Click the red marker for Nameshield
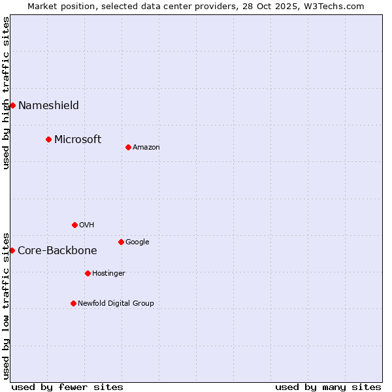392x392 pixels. pyautogui.click(x=12, y=105)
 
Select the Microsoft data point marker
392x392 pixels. pyautogui.click(x=48, y=139)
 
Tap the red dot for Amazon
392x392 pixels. pyautogui.click(x=128, y=147)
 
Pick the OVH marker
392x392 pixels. pyautogui.click(x=74, y=225)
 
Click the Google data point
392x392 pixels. pyautogui.click(x=121, y=242)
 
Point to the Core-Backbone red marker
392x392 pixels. pyautogui.click(x=12, y=250)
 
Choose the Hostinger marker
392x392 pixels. pyautogui.click(x=88, y=273)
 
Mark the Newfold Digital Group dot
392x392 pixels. pyautogui.click(x=73, y=303)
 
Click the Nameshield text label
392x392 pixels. pyautogui.click(x=48, y=106)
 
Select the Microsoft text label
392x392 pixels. pyautogui.click(x=78, y=139)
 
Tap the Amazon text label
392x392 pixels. pyautogui.click(x=146, y=148)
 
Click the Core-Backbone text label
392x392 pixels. pyautogui.click(x=57, y=250)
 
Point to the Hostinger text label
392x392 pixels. pyautogui.click(x=108, y=273)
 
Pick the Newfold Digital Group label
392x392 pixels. pyautogui.click(x=116, y=303)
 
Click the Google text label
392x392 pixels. pyautogui.click(x=137, y=242)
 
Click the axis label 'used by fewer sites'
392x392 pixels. pyautogui.click(x=67, y=387)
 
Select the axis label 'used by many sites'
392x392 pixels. pyautogui.click(x=328, y=387)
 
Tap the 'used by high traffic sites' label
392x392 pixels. pyautogui.click(x=6, y=93)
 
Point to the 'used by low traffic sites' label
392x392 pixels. pyautogui.click(x=6, y=305)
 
